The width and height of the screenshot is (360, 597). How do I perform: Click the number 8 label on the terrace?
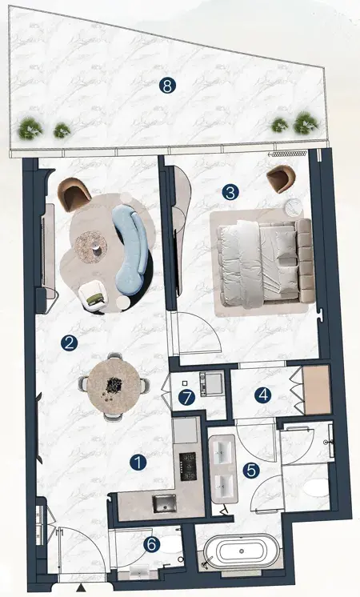167,86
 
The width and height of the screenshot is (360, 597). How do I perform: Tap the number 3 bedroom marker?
230,192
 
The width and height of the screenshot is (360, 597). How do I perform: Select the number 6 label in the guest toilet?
151,545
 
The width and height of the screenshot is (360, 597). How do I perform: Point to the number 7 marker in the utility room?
186,398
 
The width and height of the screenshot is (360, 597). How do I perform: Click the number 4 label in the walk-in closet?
263,395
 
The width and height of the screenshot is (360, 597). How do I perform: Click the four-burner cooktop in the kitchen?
188,467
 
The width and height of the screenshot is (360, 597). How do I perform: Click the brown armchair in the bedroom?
281,178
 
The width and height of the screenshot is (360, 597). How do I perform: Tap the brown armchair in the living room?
74,194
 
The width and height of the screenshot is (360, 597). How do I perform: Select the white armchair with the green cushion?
94,296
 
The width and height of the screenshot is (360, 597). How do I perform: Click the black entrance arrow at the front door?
81,589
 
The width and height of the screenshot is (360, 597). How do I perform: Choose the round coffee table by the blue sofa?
91,247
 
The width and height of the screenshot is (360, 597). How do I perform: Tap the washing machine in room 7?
211,383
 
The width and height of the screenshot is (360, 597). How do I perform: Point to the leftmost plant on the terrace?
30,128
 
